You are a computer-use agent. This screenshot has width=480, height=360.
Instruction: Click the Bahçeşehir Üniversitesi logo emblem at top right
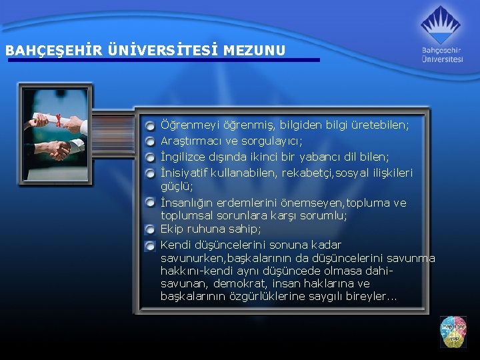click(440, 25)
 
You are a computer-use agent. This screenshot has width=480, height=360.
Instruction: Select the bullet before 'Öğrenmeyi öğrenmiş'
click(151, 125)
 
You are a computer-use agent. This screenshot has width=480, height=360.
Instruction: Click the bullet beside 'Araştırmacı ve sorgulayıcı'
click(151, 141)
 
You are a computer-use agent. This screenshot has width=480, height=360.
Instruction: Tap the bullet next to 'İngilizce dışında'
click(151, 157)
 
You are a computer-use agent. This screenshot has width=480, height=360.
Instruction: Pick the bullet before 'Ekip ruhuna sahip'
click(151, 229)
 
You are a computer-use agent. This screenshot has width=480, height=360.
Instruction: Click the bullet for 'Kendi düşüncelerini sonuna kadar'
click(151, 245)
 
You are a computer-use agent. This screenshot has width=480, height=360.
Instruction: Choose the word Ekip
click(172, 229)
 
